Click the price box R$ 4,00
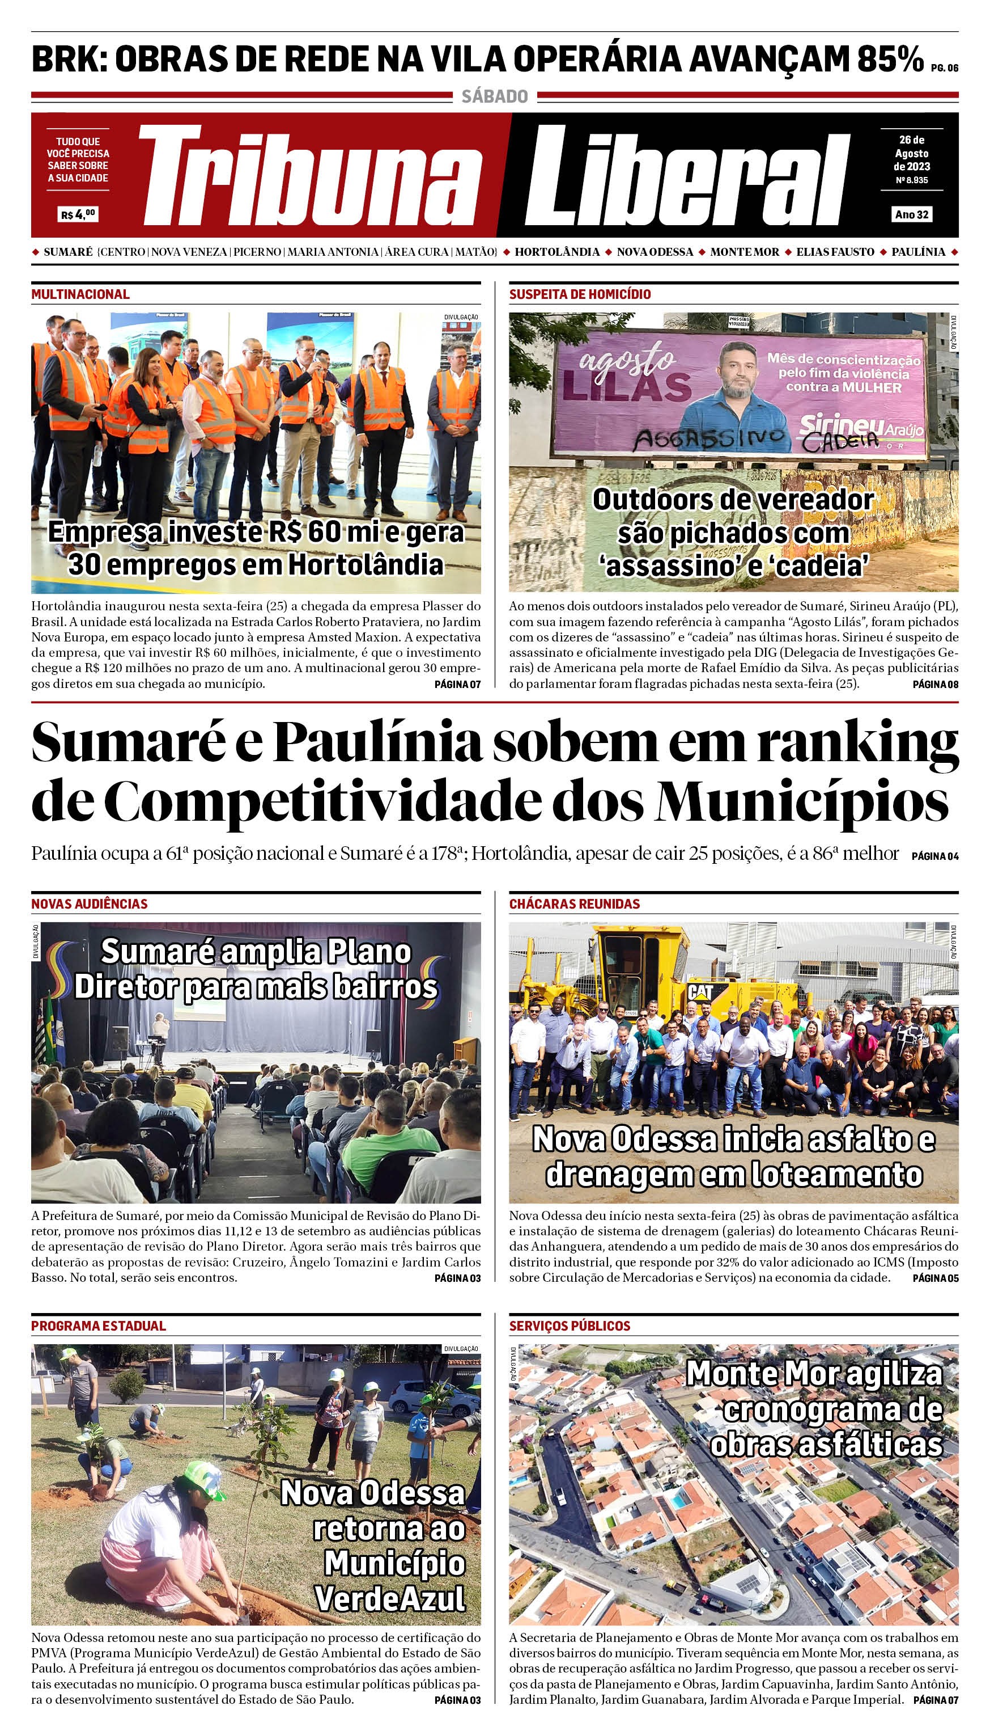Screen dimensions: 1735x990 [78, 214]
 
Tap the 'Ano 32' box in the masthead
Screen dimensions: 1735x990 [911, 214]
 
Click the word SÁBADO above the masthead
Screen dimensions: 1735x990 [494, 96]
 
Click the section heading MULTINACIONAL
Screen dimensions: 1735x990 [80, 294]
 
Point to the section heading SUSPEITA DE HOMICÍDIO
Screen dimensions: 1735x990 [579, 294]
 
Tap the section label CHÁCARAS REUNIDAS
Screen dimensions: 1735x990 [574, 904]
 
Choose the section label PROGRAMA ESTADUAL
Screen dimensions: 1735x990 [98, 1325]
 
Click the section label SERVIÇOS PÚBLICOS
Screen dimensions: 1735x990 [569, 1325]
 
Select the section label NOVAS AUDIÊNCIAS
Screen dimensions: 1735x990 [89, 904]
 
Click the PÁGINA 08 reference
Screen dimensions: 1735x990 [935, 684]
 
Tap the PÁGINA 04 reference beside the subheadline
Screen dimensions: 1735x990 [935, 856]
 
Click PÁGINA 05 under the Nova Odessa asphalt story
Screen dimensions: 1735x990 [935, 1278]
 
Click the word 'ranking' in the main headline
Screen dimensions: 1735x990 [858, 744]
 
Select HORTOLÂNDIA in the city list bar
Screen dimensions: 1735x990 [557, 252]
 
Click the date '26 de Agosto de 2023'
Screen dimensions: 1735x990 [911, 153]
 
